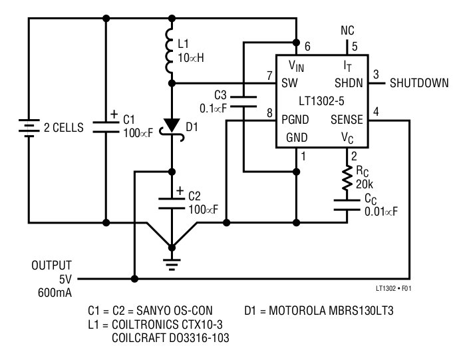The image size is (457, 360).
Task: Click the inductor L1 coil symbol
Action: click(172, 51)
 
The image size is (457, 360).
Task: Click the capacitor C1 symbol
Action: click(106, 126)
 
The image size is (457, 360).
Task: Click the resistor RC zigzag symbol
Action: click(347, 178)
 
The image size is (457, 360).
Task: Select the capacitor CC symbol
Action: click(347, 203)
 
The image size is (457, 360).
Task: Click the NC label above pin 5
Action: click(347, 31)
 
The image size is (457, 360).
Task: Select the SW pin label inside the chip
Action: click(289, 83)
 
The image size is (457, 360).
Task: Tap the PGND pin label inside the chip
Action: click(295, 120)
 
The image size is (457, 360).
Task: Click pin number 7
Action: click(269, 75)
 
